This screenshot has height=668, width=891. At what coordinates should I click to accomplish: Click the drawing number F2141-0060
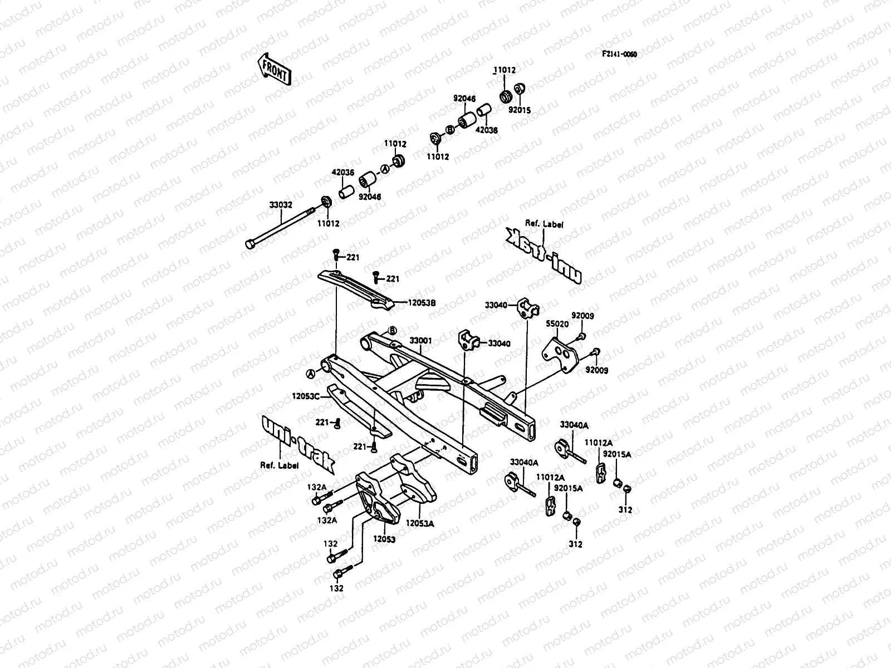pyautogui.click(x=619, y=54)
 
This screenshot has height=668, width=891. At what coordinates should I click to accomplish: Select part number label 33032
pyautogui.click(x=281, y=205)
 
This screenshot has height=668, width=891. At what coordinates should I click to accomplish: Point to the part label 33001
pyautogui.click(x=420, y=340)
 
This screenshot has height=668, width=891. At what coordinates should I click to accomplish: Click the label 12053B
pyautogui.click(x=421, y=303)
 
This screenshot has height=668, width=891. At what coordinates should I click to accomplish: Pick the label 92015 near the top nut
pyautogui.click(x=519, y=110)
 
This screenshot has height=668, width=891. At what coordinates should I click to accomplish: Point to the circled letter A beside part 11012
pyautogui.click(x=384, y=169)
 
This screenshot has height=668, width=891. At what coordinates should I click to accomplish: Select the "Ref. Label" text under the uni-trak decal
pyautogui.click(x=279, y=465)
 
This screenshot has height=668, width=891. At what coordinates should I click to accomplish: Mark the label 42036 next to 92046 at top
pyautogui.click(x=487, y=130)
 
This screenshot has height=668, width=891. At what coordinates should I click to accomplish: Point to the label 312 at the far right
pyautogui.click(x=625, y=509)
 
